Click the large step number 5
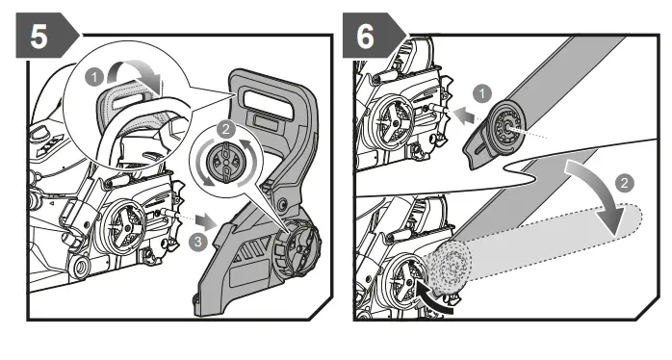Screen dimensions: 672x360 tap(39, 36)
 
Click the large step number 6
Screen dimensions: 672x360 tap(365, 36)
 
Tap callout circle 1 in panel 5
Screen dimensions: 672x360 tap(94, 78)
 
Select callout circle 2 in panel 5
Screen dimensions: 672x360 tap(226, 129)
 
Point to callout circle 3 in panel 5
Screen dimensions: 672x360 tap(197, 242)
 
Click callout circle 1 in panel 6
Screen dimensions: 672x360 tap(482, 93)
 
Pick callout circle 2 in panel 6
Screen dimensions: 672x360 tap(624, 183)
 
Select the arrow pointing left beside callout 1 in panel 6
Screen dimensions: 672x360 tap(465, 116)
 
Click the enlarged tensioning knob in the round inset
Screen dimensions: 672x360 tap(224, 161)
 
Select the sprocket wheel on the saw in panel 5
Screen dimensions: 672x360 tap(121, 224)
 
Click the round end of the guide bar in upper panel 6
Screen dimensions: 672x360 tap(505, 126)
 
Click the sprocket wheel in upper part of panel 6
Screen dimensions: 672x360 tap(392, 121)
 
